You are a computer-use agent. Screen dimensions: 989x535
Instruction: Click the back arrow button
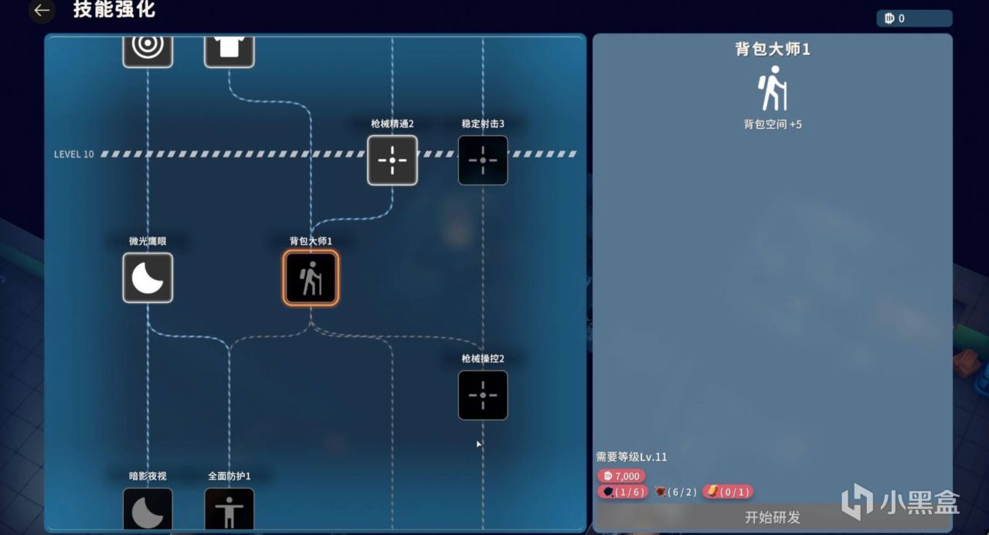tap(42, 10)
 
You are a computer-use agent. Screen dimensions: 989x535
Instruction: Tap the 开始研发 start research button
tap(772, 517)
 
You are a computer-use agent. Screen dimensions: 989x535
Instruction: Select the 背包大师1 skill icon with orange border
tap(311, 278)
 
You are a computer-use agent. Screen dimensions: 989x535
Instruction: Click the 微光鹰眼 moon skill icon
tap(148, 278)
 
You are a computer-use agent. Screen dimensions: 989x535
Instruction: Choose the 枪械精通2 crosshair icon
tap(392, 160)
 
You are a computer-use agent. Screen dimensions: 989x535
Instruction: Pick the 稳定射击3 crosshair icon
tap(483, 160)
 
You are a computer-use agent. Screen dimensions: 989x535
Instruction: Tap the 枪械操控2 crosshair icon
tap(483, 395)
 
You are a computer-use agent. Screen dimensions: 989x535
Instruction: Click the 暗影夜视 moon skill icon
tap(148, 509)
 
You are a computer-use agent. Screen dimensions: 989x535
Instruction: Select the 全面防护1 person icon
tap(229, 509)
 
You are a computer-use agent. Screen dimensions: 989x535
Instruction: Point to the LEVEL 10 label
tap(73, 154)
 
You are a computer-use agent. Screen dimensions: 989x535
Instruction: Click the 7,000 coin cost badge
tap(621, 475)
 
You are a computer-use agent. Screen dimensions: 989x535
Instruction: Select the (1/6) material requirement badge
tap(623, 492)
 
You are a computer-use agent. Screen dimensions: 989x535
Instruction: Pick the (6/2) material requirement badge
tap(676, 492)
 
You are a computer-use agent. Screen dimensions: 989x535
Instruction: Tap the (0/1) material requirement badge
tap(728, 492)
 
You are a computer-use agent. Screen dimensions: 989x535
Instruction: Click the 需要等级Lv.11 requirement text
tap(631, 457)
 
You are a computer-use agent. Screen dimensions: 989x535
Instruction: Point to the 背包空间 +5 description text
tap(773, 124)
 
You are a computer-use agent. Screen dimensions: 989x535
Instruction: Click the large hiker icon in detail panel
tap(772, 88)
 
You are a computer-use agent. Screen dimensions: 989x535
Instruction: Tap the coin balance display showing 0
tap(914, 18)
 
